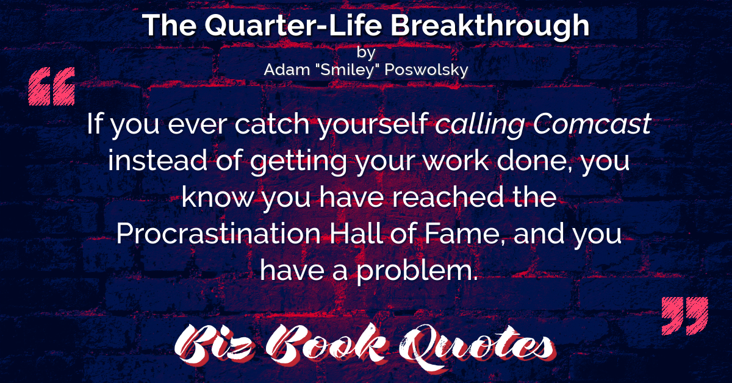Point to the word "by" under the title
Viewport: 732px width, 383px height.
click(366, 52)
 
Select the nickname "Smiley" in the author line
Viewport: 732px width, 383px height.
click(347, 70)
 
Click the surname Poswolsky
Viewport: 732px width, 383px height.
click(426, 70)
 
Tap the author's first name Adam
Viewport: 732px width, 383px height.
click(287, 70)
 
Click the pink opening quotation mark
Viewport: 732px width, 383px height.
click(52, 86)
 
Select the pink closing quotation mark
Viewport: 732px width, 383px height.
click(684, 316)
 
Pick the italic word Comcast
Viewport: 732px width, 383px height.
click(592, 124)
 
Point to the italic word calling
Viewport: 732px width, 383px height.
click(479, 125)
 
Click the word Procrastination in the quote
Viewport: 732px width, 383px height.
click(218, 234)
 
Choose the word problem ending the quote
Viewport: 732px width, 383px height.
click(417, 271)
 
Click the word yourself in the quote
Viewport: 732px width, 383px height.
click(373, 125)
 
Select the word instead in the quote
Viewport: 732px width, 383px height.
click(157, 160)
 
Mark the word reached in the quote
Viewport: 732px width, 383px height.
click(448, 197)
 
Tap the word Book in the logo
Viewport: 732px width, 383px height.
click(326, 344)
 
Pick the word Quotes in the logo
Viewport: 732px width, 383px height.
click(477, 347)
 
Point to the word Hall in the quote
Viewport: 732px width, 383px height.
click(356, 234)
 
